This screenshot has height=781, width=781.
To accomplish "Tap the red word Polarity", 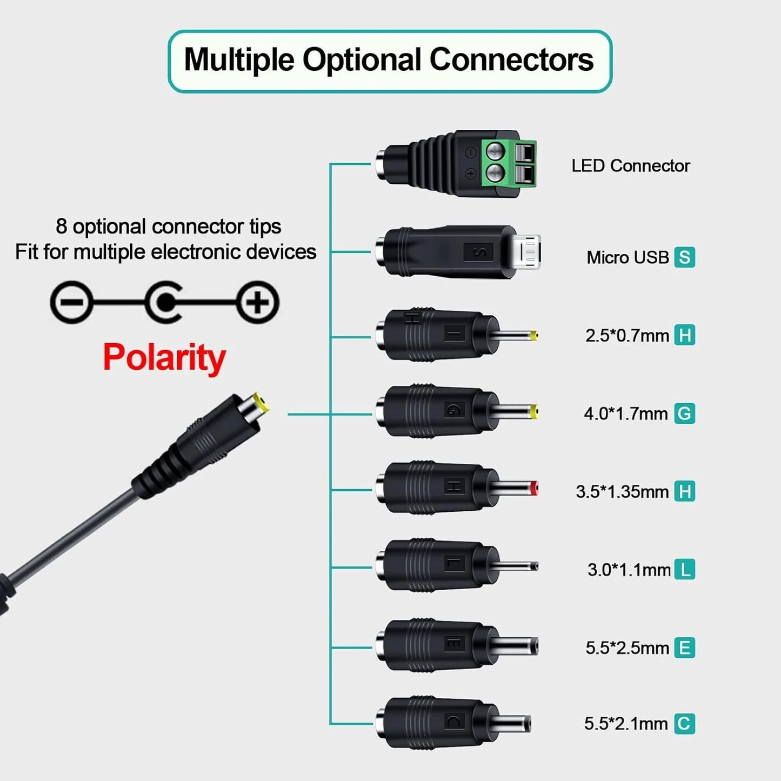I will (x=164, y=357).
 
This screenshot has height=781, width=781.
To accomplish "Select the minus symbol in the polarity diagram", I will (x=71, y=302).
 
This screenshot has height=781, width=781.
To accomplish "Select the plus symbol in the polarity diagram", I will (x=258, y=302).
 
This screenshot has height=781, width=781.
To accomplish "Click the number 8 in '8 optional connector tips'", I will (x=61, y=226).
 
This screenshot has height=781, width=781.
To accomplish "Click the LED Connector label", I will (x=630, y=165).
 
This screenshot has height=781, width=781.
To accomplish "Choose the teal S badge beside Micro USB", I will (x=684, y=257).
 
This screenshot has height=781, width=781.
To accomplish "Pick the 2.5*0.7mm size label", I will (x=627, y=336).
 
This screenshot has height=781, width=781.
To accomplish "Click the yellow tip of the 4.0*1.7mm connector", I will (x=534, y=412).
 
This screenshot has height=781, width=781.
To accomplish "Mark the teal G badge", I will (x=684, y=413).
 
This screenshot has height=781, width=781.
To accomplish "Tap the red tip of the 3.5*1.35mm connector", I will (x=534, y=489).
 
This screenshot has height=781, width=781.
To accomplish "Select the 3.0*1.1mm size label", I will (x=629, y=570).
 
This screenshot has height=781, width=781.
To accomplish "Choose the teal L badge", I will (x=685, y=570).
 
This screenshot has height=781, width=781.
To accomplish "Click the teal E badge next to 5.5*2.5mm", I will (x=684, y=648).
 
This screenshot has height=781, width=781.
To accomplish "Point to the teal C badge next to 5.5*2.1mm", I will (x=684, y=724).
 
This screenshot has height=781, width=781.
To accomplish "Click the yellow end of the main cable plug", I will (x=259, y=404).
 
